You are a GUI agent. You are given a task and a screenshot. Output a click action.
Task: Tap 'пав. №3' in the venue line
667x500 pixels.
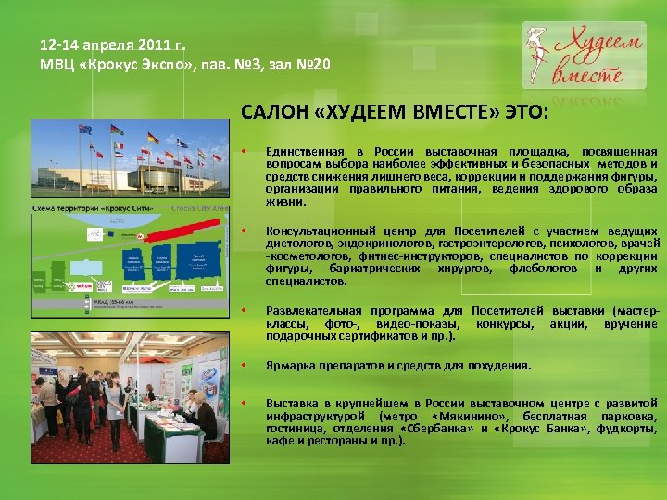tap(231, 64)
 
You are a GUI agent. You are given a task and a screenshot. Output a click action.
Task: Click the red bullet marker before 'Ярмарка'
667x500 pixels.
tap(244, 364)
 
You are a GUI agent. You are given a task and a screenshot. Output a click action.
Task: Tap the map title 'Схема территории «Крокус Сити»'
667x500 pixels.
tap(80, 212)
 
